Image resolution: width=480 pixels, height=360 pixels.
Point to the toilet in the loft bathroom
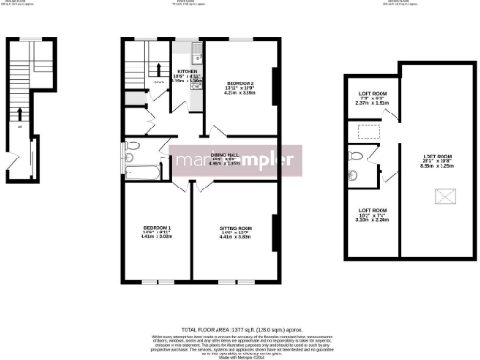[352, 174]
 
